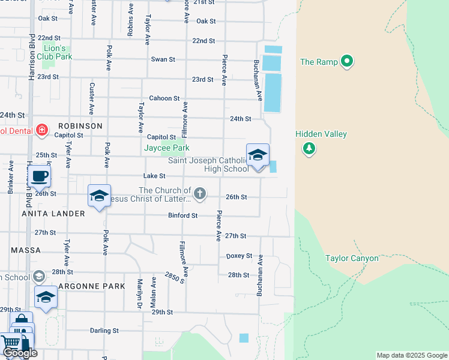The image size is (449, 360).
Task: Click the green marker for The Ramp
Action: click(x=346, y=62)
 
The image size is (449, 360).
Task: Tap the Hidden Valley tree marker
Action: click(x=309, y=148)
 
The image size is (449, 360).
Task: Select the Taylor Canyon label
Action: click(x=352, y=259)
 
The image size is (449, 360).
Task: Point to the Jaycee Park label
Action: click(x=167, y=148)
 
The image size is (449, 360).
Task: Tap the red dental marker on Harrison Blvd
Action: click(x=41, y=130)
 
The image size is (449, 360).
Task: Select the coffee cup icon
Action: click(x=40, y=176)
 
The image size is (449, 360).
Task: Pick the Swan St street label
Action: click(x=163, y=59)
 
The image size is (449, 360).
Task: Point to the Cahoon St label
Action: click(x=164, y=98)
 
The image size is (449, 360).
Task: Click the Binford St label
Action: click(x=182, y=215)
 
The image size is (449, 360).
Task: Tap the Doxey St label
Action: click(x=239, y=256)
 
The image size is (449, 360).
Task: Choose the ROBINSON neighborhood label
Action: click(x=80, y=126)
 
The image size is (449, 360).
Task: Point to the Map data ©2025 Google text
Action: click(x=411, y=355)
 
